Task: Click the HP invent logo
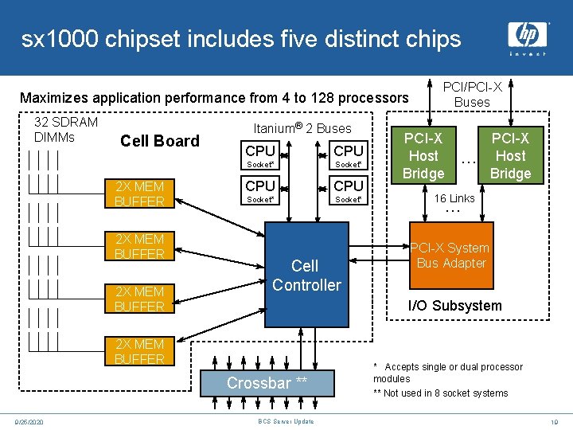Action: coord(528,37)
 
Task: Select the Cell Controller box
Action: coord(306,275)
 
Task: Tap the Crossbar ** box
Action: coord(267,383)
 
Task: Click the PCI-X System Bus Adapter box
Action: coord(451,256)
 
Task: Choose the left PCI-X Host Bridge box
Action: coord(423,156)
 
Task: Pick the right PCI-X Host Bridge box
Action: coord(510,156)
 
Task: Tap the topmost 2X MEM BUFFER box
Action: coord(139,193)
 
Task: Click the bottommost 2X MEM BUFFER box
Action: coord(139,351)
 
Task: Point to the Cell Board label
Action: coord(159,141)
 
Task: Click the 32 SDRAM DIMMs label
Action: coord(66,129)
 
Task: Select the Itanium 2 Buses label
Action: coord(302,128)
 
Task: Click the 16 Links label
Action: coord(454,198)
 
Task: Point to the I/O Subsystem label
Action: coord(454,306)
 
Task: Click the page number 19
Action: coord(555,421)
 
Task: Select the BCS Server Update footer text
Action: coord(286,421)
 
